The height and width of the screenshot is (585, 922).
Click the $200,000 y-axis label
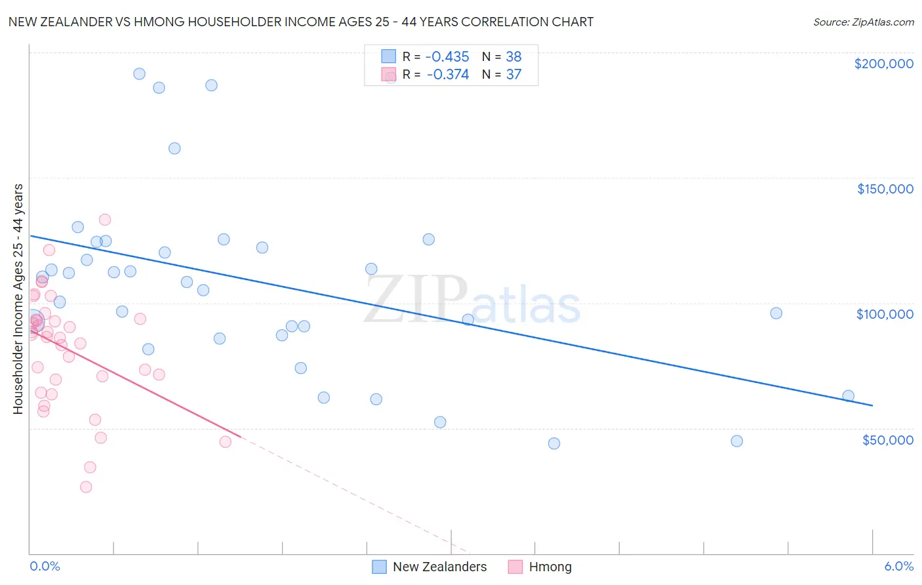tap(883, 64)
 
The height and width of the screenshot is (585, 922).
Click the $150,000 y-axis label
tap(885, 189)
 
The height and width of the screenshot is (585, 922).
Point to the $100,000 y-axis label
tap(885, 314)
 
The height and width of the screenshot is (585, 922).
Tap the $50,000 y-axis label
tap(887, 439)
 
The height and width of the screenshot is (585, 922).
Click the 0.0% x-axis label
tap(45, 566)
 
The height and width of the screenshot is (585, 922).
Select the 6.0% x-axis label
tap(898, 566)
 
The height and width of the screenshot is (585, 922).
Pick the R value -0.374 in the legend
tap(448, 75)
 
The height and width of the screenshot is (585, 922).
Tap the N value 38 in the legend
tap(513, 56)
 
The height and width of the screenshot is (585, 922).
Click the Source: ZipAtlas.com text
tap(863, 22)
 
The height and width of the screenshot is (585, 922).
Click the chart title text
tap(301, 22)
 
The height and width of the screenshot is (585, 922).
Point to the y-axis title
tap(18, 299)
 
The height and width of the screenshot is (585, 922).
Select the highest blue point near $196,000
tap(139, 73)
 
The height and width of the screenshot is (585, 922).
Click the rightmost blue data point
tap(848, 395)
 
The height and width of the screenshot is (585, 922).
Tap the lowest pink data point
tap(86, 487)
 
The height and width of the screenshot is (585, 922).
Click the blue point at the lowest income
tap(554, 443)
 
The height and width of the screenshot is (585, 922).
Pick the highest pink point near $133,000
tap(105, 220)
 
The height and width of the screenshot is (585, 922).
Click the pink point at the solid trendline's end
tap(226, 441)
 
